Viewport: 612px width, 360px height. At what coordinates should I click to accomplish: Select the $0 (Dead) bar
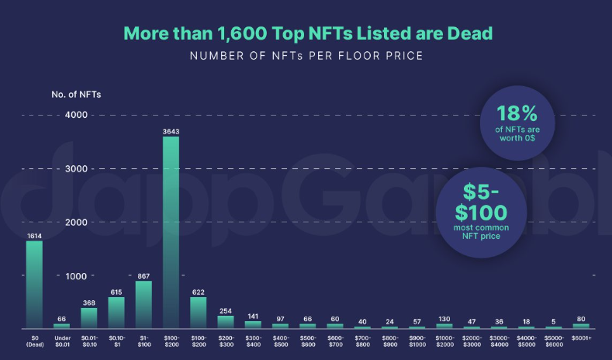(34, 284)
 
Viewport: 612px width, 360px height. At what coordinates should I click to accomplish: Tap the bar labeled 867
(143, 304)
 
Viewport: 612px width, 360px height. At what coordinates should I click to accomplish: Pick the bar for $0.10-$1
(116, 312)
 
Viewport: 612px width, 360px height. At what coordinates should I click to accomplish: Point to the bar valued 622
(199, 312)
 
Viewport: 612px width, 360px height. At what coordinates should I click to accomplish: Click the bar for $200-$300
(226, 321)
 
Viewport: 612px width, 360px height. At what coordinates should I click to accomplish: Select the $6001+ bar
(581, 326)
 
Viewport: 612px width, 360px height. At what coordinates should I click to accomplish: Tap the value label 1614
(34, 234)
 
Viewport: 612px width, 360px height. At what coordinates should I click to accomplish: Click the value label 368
(89, 302)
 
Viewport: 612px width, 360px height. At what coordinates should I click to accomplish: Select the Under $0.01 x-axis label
(61, 342)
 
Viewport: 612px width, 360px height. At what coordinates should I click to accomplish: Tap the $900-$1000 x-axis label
(417, 342)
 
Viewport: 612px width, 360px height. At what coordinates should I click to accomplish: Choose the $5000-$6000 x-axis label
(554, 342)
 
